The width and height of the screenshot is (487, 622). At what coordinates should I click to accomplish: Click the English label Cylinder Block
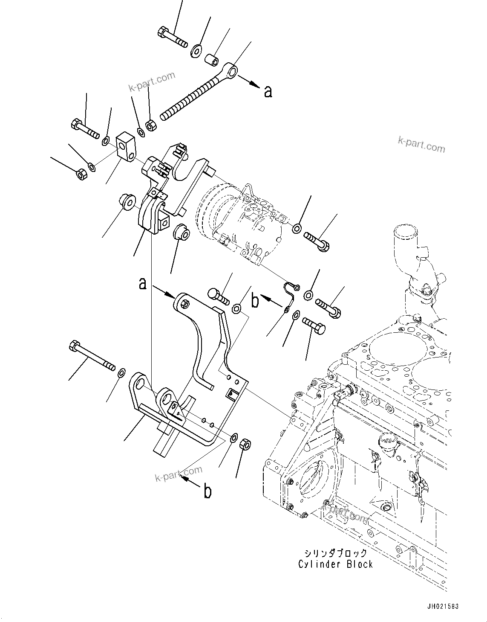335,564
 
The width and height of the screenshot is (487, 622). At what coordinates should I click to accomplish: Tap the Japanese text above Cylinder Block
335,553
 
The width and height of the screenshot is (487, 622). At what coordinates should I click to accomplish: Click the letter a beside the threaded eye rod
268,91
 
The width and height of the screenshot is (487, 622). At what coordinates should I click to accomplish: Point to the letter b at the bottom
207,492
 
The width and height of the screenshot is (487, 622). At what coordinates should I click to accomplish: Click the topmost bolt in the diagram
173,37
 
